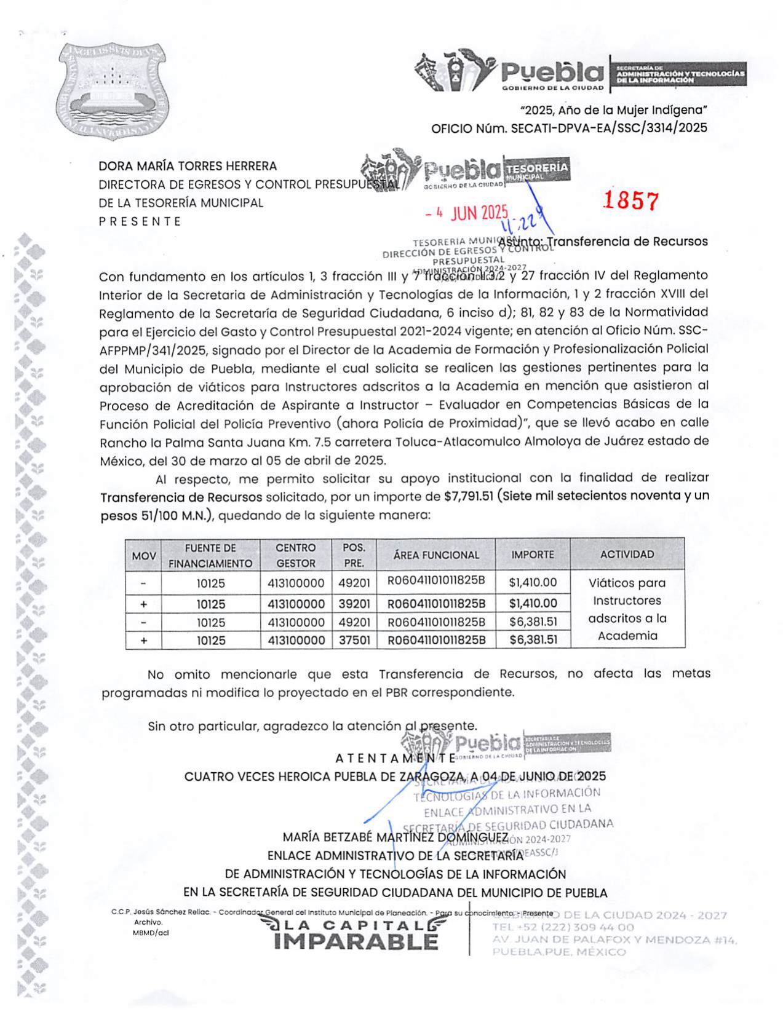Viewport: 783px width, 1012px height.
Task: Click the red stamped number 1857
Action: pos(630,201)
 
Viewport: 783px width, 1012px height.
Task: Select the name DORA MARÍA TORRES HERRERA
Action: pos(188,166)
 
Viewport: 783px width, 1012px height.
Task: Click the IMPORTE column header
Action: pos(533,555)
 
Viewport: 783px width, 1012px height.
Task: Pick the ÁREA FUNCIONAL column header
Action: pos(436,555)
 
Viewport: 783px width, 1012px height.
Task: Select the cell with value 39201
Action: pos(354,604)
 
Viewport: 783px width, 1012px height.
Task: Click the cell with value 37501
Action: pos(354,640)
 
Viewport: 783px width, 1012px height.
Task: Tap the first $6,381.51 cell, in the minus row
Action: pos(533,622)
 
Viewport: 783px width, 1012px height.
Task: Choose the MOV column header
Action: pos(144,556)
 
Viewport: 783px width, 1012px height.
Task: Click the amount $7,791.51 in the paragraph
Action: pos(468,496)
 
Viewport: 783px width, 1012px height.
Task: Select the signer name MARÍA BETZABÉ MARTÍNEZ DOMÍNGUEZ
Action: pos(395,837)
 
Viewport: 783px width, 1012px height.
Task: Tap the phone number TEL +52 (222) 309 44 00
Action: pos(563,927)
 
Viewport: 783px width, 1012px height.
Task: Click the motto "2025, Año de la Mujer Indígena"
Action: pos(613,111)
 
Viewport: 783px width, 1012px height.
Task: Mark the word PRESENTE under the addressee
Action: pos(140,221)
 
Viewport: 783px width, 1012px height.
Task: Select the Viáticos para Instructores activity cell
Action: pos(627,609)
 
